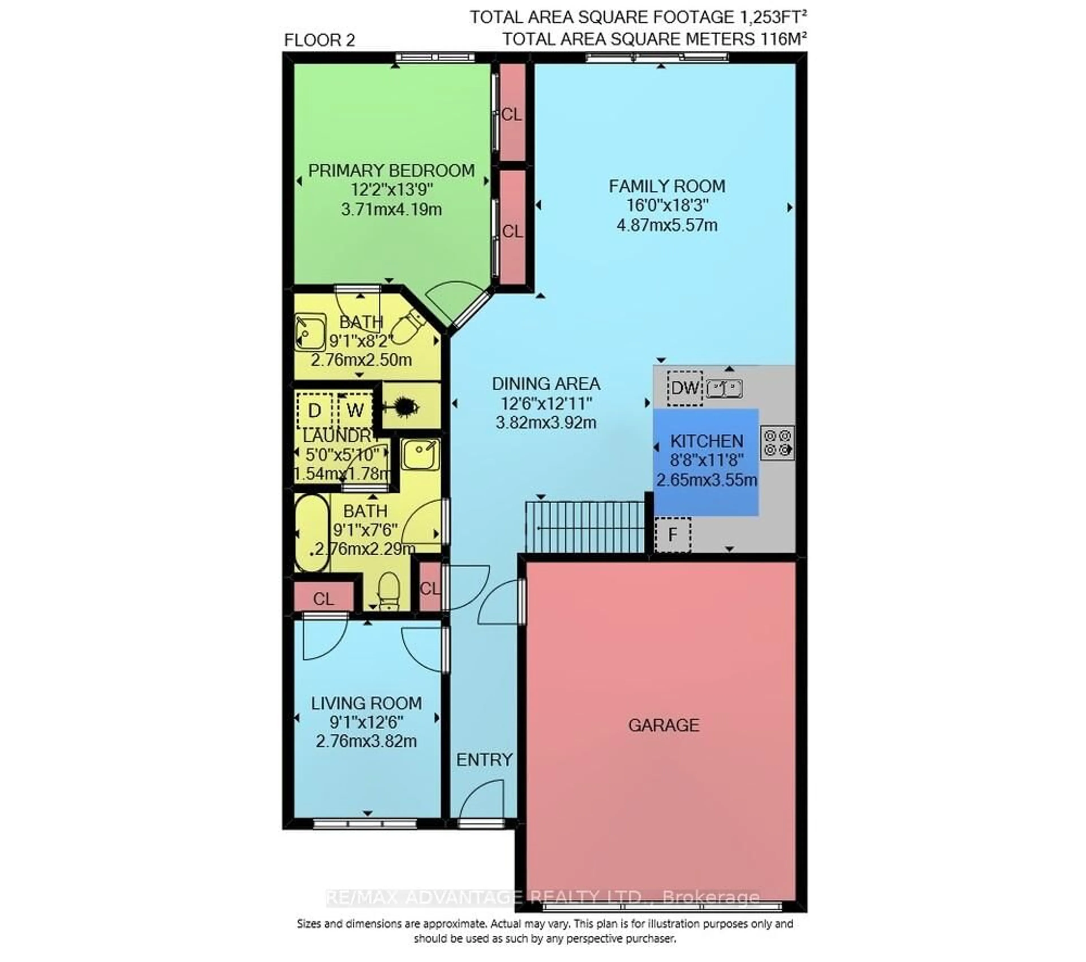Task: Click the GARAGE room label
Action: [x=663, y=725]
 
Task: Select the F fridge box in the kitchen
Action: [x=673, y=534]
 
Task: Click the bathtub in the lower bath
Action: [x=312, y=533]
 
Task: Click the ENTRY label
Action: [x=484, y=760]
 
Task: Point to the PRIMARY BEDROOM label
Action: [x=392, y=171]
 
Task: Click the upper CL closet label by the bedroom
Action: [x=512, y=114]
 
